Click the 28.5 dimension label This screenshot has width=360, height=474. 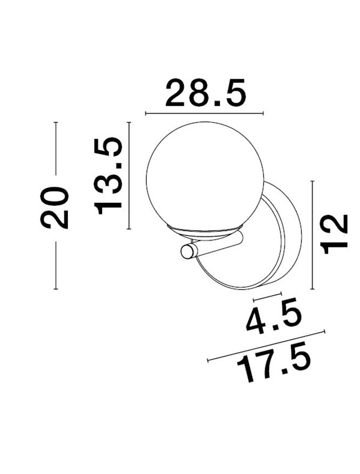pos(206,93)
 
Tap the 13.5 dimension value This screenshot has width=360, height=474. pos(108,176)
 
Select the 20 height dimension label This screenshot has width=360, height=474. pos(55,208)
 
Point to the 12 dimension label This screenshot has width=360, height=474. pos(334,234)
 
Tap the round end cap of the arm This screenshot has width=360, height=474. pos(187,251)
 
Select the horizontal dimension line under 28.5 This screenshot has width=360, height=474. pos(205,113)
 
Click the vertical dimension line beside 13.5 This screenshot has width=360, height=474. pos(129,175)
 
